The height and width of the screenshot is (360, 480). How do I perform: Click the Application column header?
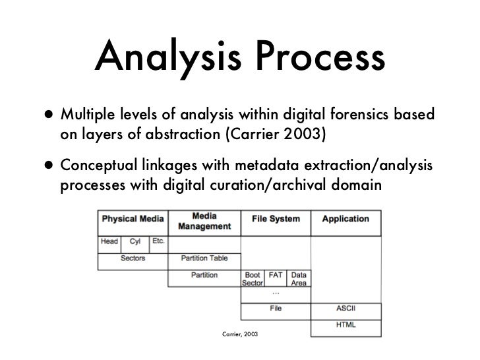[345, 220]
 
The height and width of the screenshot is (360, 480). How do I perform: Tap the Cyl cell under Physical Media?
[136, 242]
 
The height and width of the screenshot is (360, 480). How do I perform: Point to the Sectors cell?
[133, 258]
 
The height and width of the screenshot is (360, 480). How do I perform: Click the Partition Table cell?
[204, 258]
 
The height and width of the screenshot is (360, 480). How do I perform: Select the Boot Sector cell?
[253, 278]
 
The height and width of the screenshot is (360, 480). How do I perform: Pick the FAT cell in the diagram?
[276, 274]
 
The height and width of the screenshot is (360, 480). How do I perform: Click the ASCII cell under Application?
[345, 308]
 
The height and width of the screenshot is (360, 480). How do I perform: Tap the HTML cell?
[345, 324]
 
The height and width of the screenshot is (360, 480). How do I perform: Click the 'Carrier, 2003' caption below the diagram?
[240, 336]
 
